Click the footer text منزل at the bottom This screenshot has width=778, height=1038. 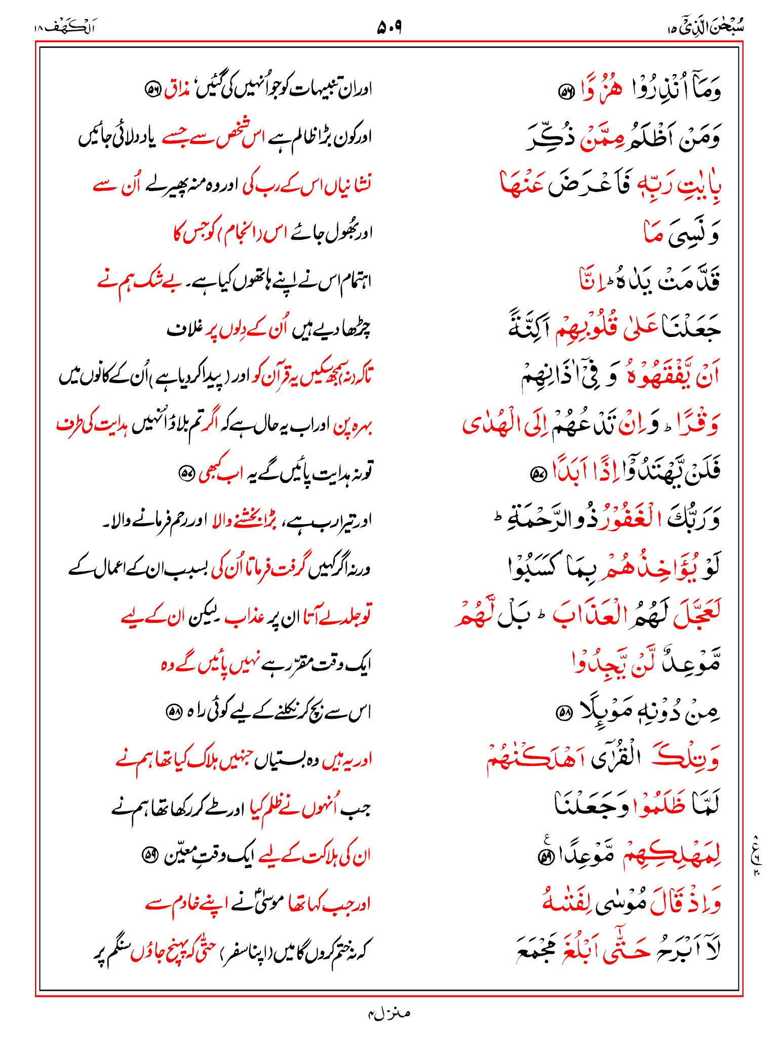(389, 1013)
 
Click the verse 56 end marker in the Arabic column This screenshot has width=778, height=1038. (565, 92)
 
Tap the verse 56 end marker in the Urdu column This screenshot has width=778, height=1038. (152, 90)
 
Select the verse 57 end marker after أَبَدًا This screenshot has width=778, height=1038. (537, 474)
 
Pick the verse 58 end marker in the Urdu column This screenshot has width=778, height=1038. (174, 712)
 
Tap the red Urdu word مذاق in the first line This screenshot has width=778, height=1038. (179, 90)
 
